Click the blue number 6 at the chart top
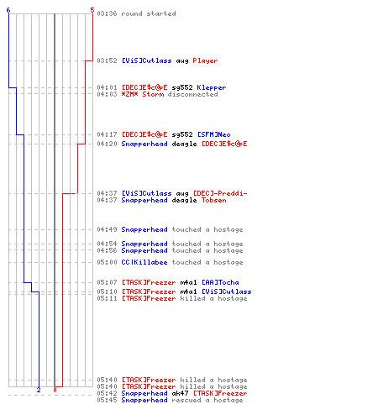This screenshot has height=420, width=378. coord(8,10)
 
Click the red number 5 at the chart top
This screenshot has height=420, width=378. coord(92,10)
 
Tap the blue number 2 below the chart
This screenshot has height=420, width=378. coord(39,390)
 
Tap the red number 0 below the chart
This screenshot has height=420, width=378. coord(55,390)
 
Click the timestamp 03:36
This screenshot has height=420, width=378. coord(107,13)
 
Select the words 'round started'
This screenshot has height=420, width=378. coord(149,13)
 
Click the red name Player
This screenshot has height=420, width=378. coord(205,60)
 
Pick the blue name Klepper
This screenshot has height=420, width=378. coord(212,87)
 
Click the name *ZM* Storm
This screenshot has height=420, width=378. coord(143,94)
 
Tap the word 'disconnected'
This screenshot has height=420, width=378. coord(193,94)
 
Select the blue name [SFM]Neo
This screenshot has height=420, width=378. coord(214,134)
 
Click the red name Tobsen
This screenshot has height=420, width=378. coord(213,200)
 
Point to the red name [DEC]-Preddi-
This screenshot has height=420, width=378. coord(220,193)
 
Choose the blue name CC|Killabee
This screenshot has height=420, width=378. coord(144,262)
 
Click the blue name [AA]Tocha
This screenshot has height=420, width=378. coord(220,282)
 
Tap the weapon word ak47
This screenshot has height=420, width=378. coord(180,393)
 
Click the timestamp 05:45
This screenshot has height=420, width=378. coord(107,400)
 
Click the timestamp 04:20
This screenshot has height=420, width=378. coord(107,144)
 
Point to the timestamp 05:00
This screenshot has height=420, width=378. coord(107,262)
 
